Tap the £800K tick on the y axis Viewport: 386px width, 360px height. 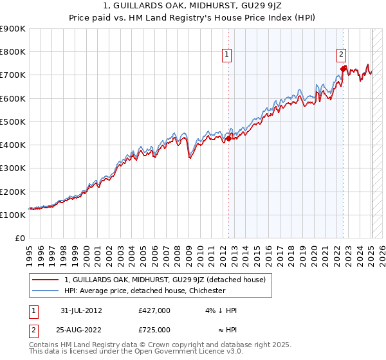tap(12, 52)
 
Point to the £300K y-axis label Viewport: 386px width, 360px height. tap(12, 168)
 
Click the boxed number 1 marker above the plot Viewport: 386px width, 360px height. tap(228, 55)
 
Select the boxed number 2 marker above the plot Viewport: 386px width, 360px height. tap(341, 55)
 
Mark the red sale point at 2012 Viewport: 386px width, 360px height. tap(228, 138)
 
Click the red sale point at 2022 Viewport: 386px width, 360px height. tap(343, 68)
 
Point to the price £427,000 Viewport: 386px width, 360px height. tap(154, 310)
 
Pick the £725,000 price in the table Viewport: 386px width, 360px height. tap(154, 330)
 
